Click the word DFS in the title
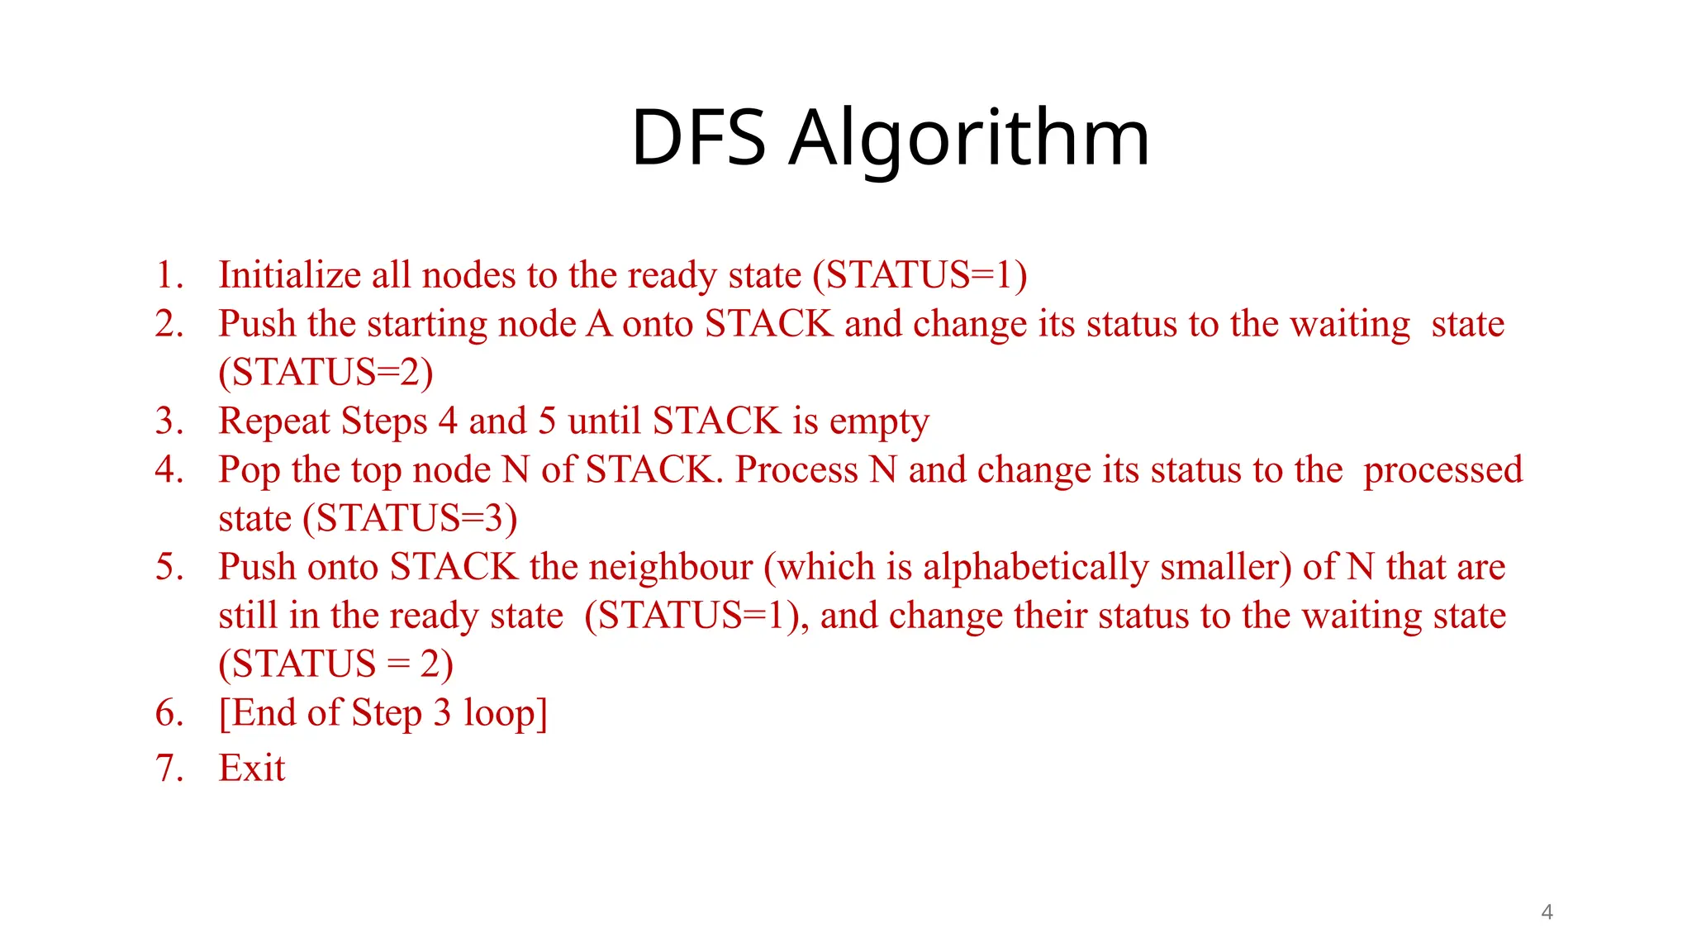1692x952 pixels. click(698, 138)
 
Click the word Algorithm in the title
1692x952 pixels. click(968, 138)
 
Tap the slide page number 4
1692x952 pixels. click(1547, 912)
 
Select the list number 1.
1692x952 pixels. click(168, 275)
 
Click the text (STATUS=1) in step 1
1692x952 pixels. click(920, 275)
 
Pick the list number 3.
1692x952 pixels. click(168, 421)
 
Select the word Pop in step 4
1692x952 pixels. click(249, 470)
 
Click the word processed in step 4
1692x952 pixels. click(1442, 470)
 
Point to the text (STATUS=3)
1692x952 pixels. click(410, 519)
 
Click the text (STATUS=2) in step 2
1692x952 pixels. click(326, 373)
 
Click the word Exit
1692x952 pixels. click(251, 769)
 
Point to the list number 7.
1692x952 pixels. click(168, 769)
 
